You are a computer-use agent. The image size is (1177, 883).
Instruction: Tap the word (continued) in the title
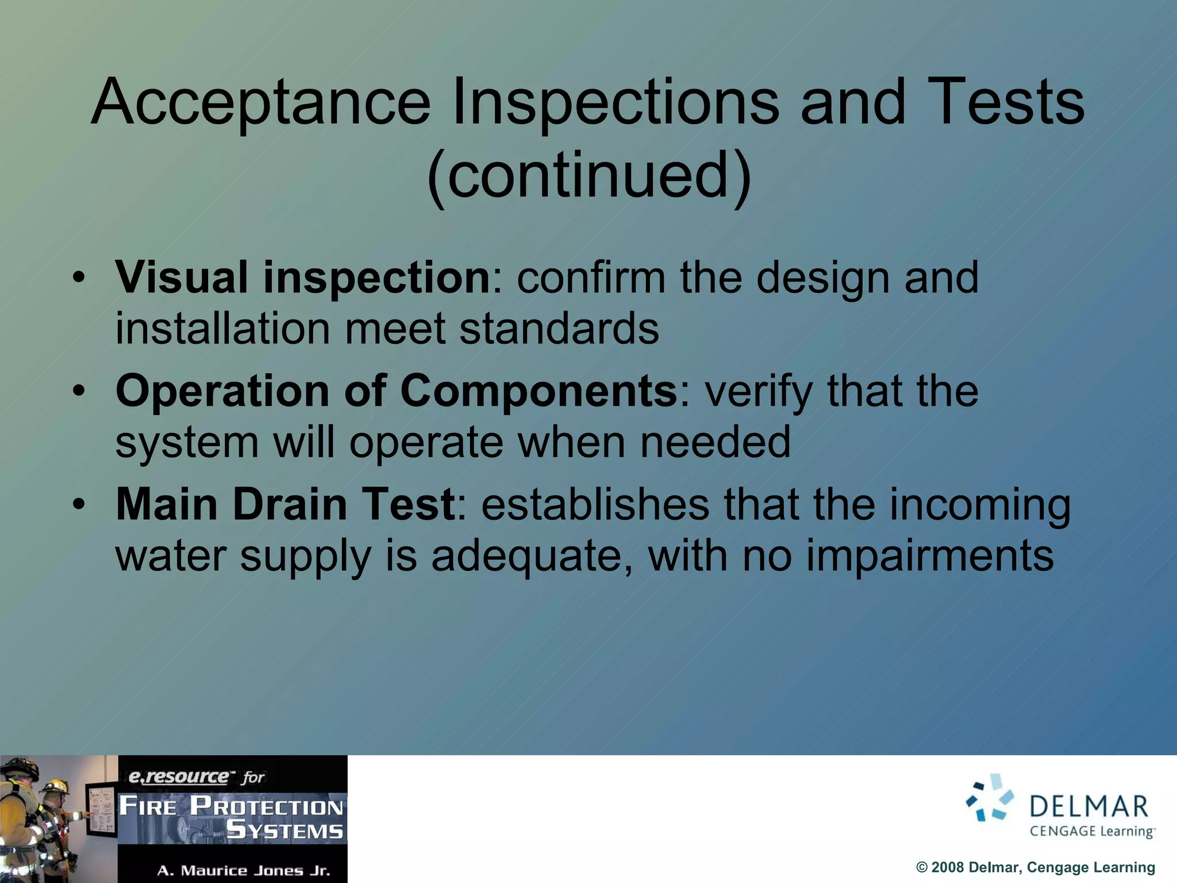coord(588,175)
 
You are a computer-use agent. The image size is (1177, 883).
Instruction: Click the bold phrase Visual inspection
coord(303,278)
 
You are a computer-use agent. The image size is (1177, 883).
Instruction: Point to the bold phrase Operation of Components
coord(397,391)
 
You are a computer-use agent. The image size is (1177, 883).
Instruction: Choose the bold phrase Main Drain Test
coord(286,505)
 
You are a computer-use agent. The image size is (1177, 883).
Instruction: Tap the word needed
coord(715,443)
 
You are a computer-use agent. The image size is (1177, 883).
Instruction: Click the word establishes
coord(595,505)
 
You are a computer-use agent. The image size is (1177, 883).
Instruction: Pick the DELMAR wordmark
coord(1088,807)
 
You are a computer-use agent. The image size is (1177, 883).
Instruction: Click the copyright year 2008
coord(947,867)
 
